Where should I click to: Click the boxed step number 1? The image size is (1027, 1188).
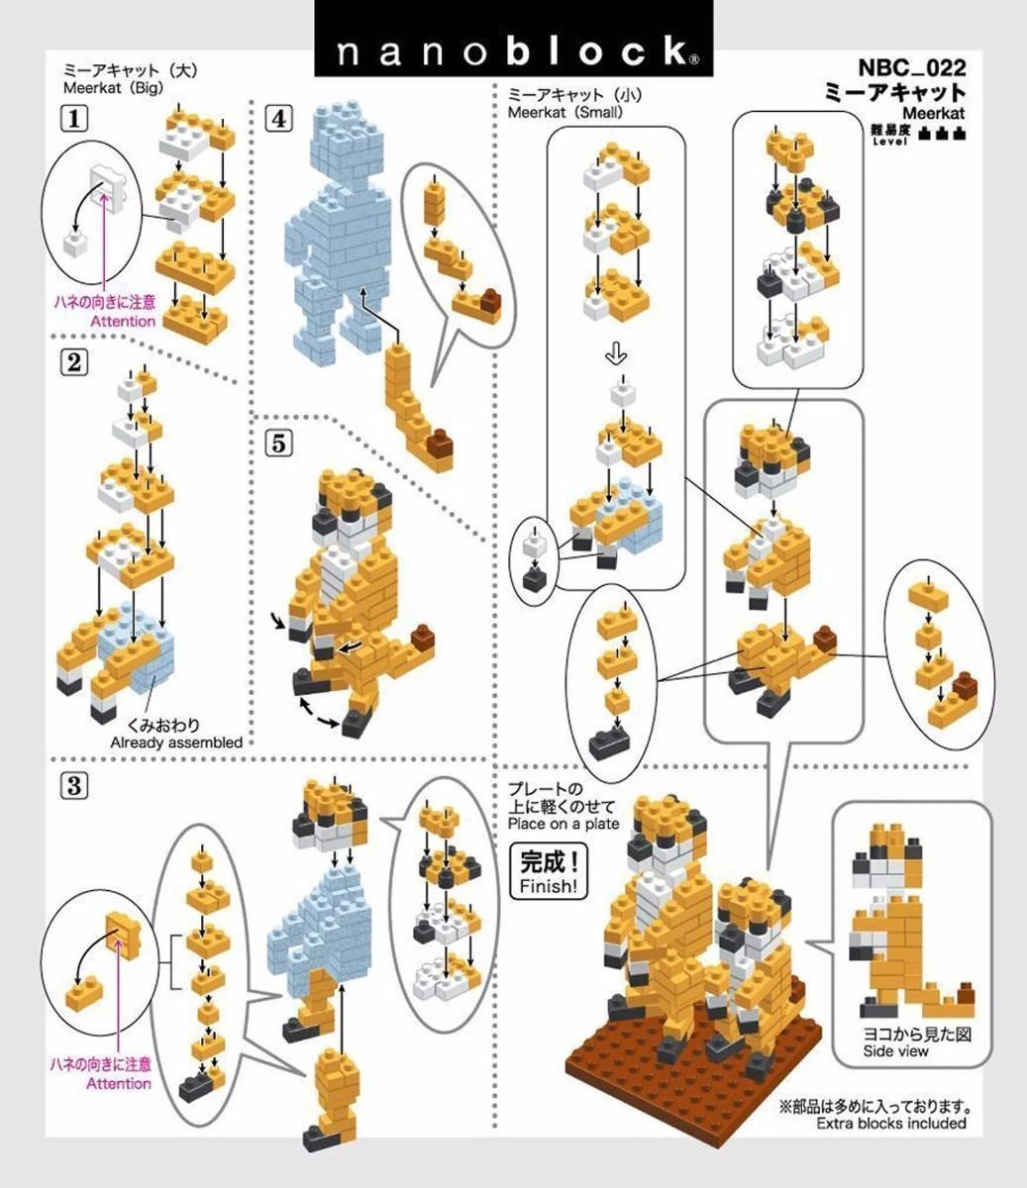point(74,119)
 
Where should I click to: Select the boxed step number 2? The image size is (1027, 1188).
point(74,362)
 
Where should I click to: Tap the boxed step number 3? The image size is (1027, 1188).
point(74,786)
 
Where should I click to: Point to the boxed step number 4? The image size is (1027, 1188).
point(278,119)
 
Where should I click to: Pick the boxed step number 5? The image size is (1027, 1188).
point(278,444)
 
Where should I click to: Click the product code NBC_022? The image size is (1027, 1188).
point(912,68)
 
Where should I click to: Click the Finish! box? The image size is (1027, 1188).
point(549,871)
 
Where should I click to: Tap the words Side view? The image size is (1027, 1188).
point(895,1051)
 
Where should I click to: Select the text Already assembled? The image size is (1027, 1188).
point(176,742)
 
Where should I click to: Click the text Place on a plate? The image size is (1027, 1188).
point(564,824)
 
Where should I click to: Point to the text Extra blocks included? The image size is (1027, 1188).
point(891,1123)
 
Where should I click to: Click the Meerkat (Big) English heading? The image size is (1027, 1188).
point(114,88)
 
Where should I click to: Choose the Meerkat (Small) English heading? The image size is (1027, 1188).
point(565,112)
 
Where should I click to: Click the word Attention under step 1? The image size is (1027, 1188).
point(123,321)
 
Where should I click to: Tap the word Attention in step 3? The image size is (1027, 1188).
point(119,1083)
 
